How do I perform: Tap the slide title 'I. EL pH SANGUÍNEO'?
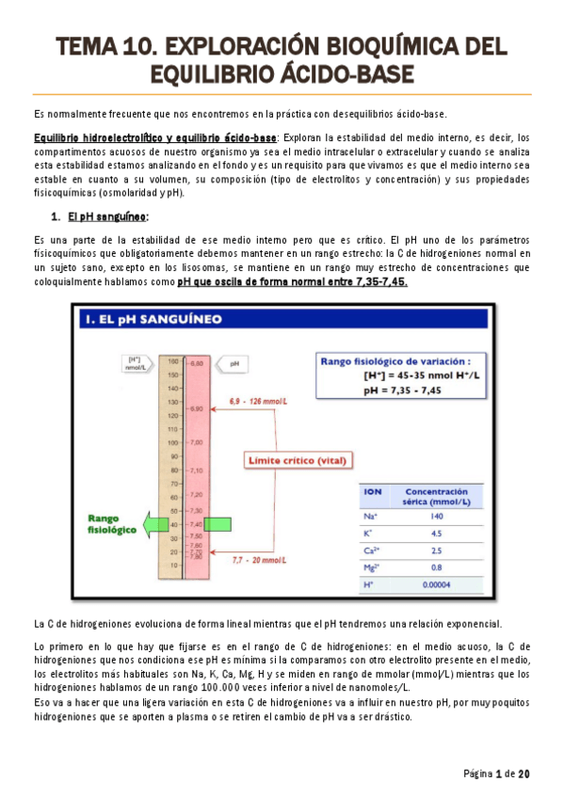click(x=153, y=319)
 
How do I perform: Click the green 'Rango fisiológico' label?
click(x=113, y=523)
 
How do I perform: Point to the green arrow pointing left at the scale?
click(x=150, y=523)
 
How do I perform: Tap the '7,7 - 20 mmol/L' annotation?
click(x=259, y=560)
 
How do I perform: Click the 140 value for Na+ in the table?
click(x=436, y=517)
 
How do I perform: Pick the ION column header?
click(x=372, y=491)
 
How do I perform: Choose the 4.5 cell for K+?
click(x=436, y=534)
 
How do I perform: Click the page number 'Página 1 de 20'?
click(x=496, y=774)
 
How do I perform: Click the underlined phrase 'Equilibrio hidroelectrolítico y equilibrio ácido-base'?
click(x=154, y=137)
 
